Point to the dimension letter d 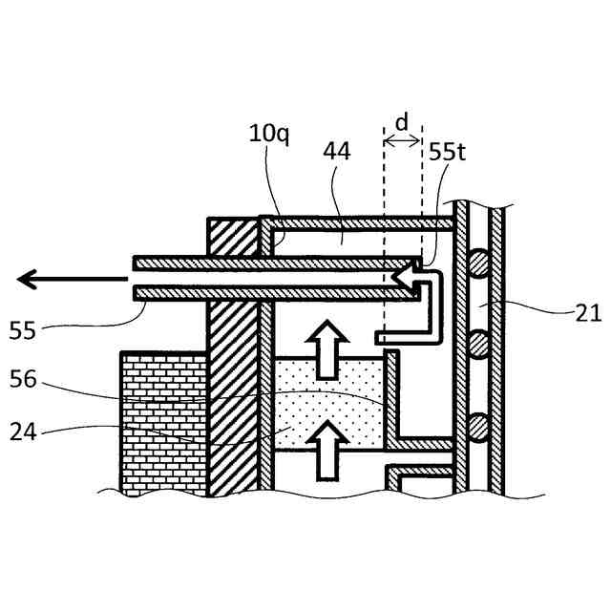[x=402, y=122]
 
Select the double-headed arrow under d [x=402, y=140]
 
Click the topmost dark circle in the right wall [x=477, y=258]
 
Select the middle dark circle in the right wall [x=477, y=340]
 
